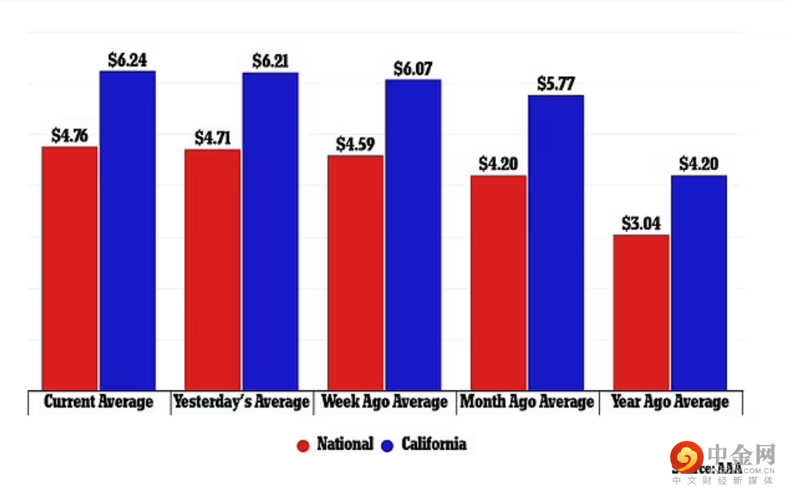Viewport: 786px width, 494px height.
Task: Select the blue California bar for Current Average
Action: [x=128, y=230]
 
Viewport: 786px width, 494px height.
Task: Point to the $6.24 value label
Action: [x=127, y=60]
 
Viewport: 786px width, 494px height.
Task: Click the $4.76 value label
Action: [x=70, y=136]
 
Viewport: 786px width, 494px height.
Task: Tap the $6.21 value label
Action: [x=270, y=61]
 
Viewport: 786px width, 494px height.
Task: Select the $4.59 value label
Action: [x=355, y=144]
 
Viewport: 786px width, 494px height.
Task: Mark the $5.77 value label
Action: [x=556, y=84]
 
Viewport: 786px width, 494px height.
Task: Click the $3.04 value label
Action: [x=641, y=223]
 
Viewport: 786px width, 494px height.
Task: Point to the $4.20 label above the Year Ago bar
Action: [x=699, y=164]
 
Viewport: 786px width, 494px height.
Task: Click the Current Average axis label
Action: [x=98, y=402]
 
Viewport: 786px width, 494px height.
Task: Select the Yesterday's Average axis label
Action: [x=241, y=402]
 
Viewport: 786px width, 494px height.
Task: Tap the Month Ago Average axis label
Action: [x=526, y=402]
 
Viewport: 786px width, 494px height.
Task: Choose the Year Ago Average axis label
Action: [x=670, y=402]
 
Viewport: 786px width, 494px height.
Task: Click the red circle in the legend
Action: [x=302, y=445]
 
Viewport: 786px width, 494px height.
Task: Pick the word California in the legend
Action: [x=434, y=444]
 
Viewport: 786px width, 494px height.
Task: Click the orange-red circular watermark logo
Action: [x=687, y=457]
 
